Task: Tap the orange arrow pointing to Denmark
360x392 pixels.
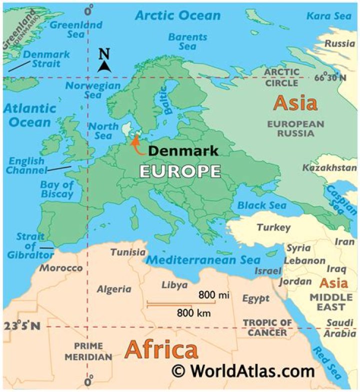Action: coord(136,145)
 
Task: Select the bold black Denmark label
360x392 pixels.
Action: coord(183,151)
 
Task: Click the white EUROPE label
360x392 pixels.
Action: coord(179,171)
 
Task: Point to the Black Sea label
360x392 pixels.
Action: coord(261,205)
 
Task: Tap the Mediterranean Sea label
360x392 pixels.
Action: coord(203,260)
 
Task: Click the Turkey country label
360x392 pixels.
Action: coord(273,228)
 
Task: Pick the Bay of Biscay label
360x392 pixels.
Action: coord(56,189)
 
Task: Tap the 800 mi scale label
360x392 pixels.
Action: coord(213,295)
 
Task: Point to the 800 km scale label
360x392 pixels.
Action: coord(193,313)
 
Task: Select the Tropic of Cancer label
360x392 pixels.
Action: coord(267,328)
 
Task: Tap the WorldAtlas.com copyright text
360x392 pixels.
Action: coord(243,371)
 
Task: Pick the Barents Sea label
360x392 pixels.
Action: coord(187,41)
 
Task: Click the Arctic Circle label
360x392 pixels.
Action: coord(281,77)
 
